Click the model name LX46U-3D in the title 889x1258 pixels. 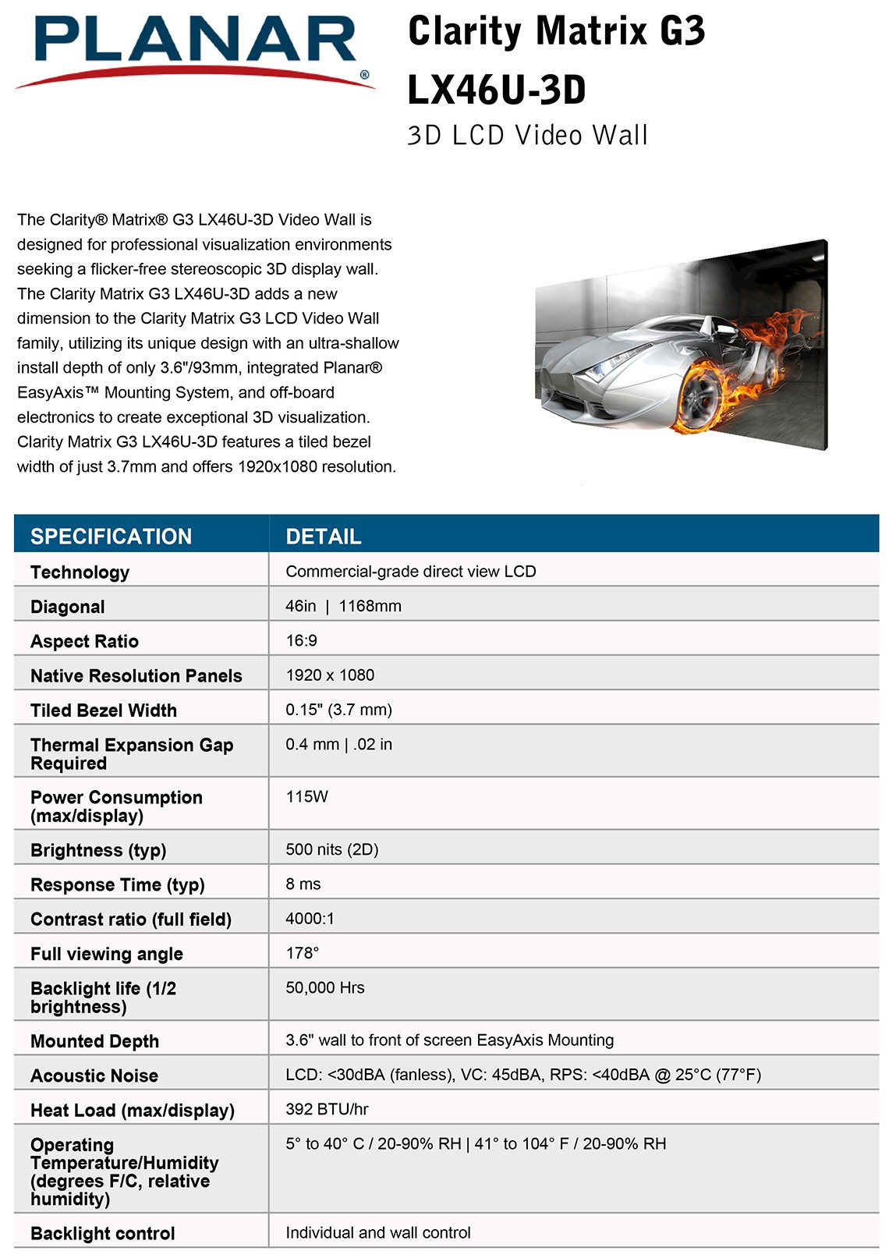tap(497, 90)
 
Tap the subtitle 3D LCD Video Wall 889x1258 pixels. tap(527, 136)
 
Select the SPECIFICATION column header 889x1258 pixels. tap(111, 537)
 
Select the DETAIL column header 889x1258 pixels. tap(324, 537)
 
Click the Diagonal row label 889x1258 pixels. tap(68, 607)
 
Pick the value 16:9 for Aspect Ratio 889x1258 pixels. tap(302, 640)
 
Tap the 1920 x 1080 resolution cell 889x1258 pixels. tap(330, 675)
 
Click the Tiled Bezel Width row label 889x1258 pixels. tap(104, 711)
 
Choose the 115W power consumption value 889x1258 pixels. tap(307, 796)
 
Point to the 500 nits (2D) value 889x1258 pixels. tap(332, 849)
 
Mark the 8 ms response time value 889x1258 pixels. tap(303, 884)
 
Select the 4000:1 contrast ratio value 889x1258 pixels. tap(310, 919)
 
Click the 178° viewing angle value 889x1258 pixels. tap(303, 953)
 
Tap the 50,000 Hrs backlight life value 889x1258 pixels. tap(325, 987)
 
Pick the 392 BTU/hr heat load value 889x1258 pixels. tap(327, 1109)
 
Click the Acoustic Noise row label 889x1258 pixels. tap(94, 1076)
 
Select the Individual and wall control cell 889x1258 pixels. tap(378, 1232)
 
